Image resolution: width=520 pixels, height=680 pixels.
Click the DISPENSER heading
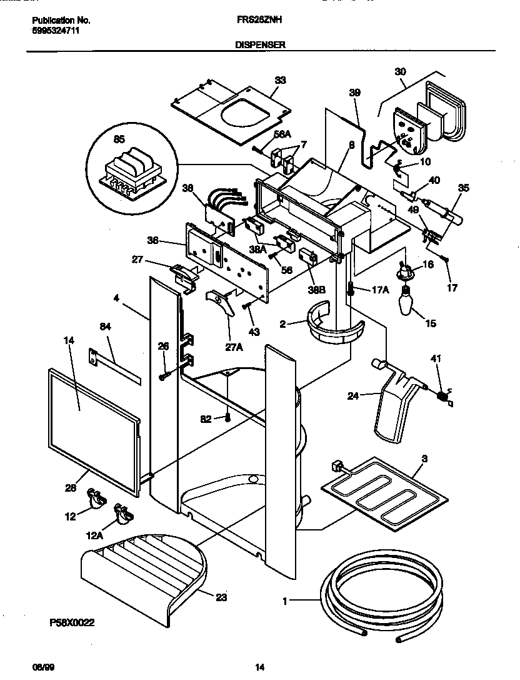point(261,45)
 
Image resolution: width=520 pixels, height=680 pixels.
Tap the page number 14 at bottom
point(260,667)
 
